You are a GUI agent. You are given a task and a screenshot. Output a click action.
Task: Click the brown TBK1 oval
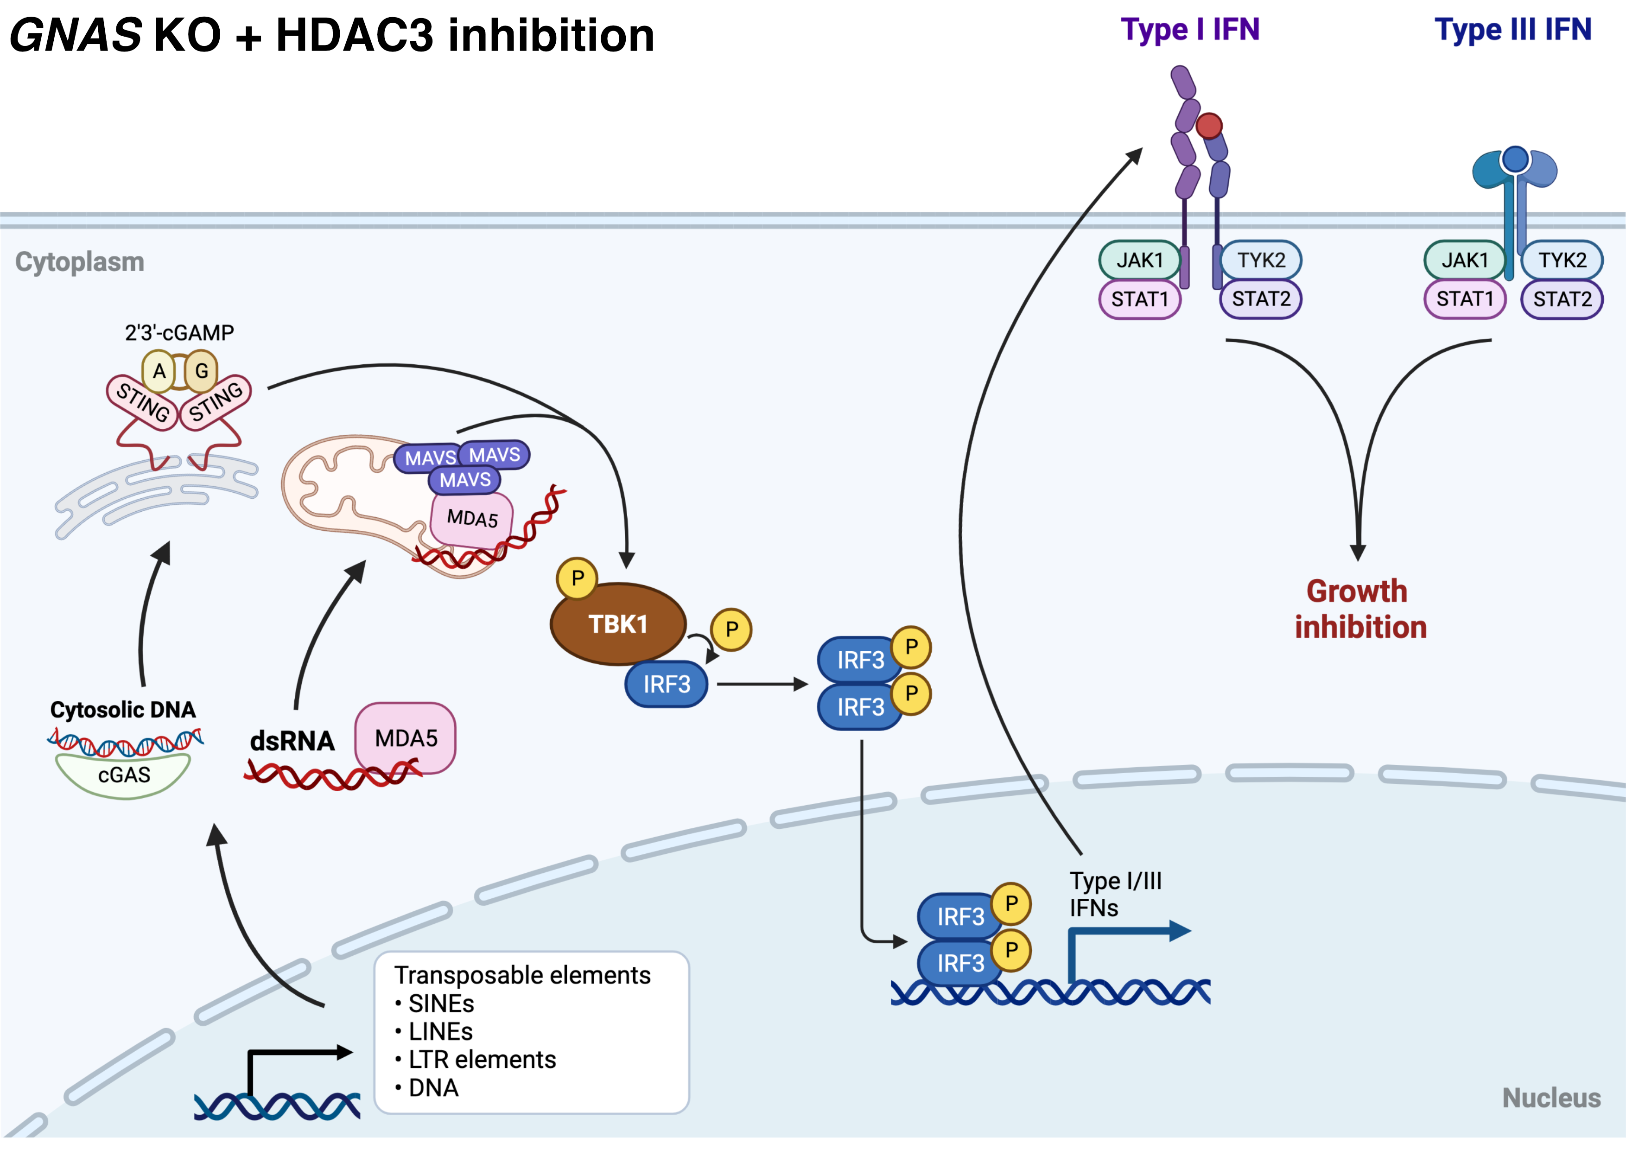[x=617, y=624]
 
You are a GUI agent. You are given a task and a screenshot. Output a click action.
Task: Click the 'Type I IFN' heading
[x=1190, y=30]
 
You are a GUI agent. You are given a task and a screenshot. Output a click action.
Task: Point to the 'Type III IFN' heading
[x=1513, y=30]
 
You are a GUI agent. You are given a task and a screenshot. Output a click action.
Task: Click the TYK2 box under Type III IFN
[x=1562, y=260]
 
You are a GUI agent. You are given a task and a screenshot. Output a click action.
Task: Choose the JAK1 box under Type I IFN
[x=1139, y=260]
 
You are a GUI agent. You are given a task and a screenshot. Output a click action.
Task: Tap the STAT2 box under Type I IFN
[x=1261, y=299]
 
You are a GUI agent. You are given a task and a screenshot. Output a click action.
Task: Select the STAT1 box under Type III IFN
[x=1465, y=299]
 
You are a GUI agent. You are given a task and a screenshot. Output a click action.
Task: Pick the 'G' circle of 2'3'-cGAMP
[x=202, y=370]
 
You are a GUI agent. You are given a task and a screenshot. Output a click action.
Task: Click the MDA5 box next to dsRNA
[x=406, y=738]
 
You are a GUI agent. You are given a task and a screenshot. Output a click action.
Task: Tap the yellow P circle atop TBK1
[x=577, y=578]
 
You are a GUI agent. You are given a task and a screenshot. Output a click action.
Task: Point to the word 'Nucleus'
[x=1551, y=1098]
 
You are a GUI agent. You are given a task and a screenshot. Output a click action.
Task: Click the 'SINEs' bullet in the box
[x=440, y=1004]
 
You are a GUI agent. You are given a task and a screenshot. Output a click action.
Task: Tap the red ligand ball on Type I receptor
[x=1209, y=126]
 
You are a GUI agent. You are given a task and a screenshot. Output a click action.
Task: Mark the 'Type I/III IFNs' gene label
[x=1115, y=894]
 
